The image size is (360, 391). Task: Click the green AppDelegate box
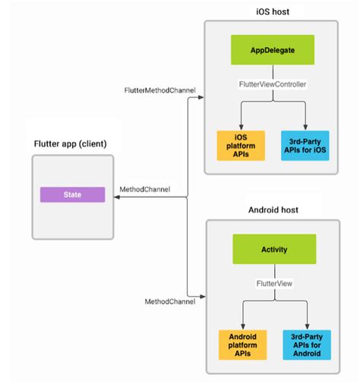coord(273,52)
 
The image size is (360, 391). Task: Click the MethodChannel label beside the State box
coord(145,188)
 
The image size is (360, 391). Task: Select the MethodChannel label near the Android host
coord(169,301)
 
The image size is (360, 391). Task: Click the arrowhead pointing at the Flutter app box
coord(117,197)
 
